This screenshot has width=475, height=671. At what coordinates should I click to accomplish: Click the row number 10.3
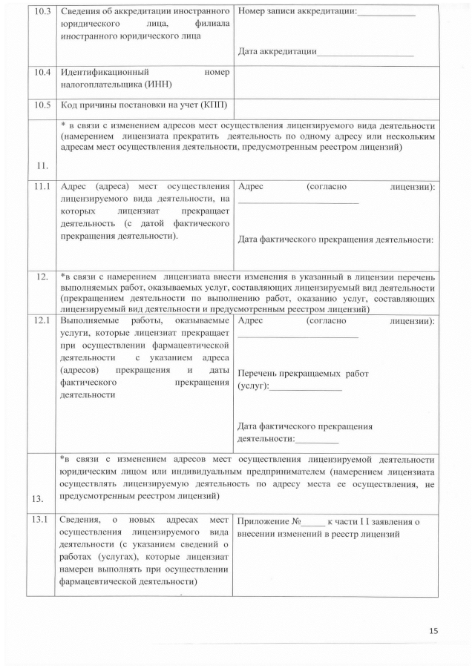click(x=42, y=13)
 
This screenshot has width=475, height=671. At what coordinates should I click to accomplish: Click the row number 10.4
click(x=42, y=73)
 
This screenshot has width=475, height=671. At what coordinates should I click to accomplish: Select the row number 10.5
click(x=42, y=105)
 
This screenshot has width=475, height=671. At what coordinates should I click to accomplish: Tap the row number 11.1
click(x=42, y=187)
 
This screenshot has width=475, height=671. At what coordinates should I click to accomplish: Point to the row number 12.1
click(x=42, y=321)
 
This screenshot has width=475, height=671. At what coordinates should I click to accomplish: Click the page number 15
click(x=434, y=630)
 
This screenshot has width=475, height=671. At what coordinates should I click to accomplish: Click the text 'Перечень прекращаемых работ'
click(x=303, y=374)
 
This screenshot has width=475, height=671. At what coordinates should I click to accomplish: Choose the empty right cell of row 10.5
click(x=335, y=105)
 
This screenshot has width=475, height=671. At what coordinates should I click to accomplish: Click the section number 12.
click(x=42, y=277)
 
